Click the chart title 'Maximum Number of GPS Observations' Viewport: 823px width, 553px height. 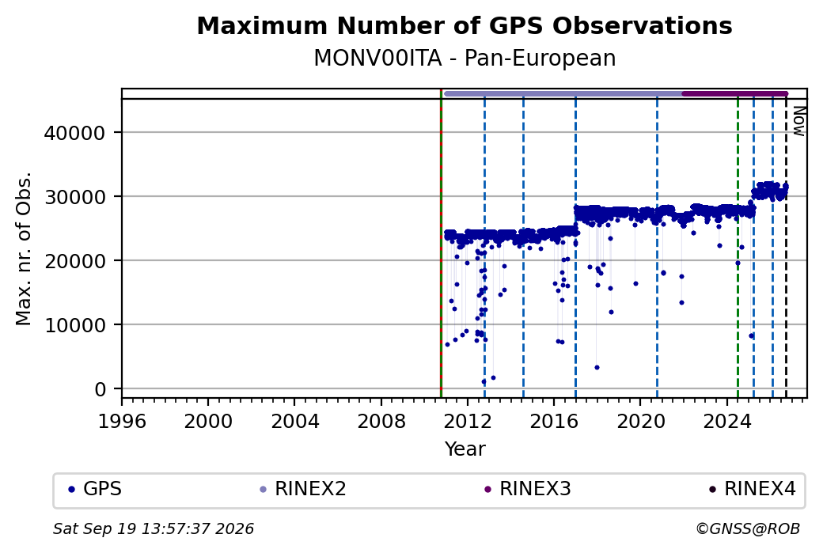(465, 25)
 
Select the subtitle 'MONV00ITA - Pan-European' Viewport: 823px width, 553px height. (465, 59)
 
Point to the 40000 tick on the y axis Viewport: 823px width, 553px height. (74, 133)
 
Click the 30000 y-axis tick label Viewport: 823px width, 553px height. (74, 197)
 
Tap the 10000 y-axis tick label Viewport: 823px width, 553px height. (74, 326)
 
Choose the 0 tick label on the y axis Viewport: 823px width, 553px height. (101, 390)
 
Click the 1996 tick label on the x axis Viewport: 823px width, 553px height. (122, 421)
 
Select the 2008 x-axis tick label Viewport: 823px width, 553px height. (381, 421)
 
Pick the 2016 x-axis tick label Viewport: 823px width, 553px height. (554, 421)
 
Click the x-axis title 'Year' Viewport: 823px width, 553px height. (465, 449)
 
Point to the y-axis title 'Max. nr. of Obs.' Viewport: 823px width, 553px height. (24, 248)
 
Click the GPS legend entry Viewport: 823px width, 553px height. (95, 489)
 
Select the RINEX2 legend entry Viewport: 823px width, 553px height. (303, 489)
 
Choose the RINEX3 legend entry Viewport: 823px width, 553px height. (528, 489)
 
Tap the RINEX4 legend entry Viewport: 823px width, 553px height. (752, 489)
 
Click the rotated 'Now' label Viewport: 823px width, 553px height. (798, 121)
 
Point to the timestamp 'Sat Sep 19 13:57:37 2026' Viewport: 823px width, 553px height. (154, 528)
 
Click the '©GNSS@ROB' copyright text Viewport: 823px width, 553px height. (748, 528)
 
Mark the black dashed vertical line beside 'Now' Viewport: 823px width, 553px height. (786, 248)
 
